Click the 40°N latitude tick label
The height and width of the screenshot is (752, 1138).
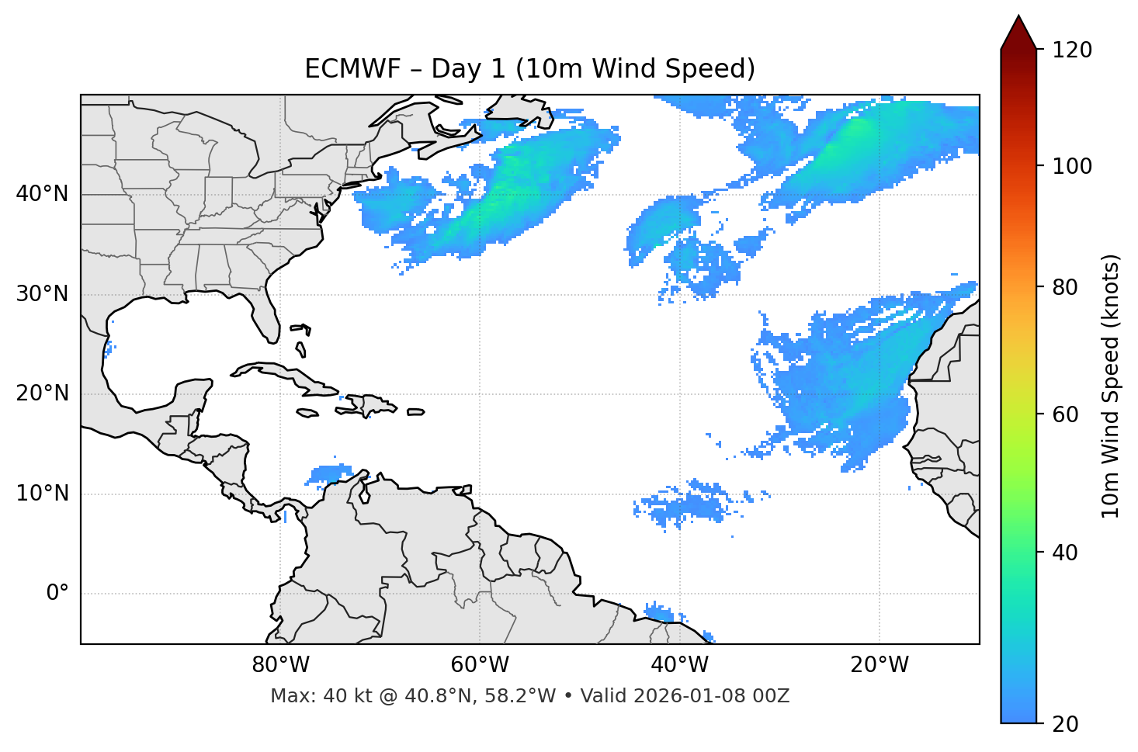42,194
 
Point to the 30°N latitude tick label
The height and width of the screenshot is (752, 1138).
42,294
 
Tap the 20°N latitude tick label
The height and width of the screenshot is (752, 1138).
42,393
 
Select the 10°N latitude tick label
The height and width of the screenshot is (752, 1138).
42,494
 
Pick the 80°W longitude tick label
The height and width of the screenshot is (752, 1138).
280,665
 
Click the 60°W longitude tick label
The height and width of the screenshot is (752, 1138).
480,665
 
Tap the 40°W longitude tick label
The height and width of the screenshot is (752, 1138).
680,665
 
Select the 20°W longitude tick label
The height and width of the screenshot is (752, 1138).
880,665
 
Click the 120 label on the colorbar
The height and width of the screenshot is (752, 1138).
1072,50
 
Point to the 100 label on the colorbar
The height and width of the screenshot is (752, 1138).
1072,166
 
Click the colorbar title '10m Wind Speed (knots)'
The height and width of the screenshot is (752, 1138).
1111,386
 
